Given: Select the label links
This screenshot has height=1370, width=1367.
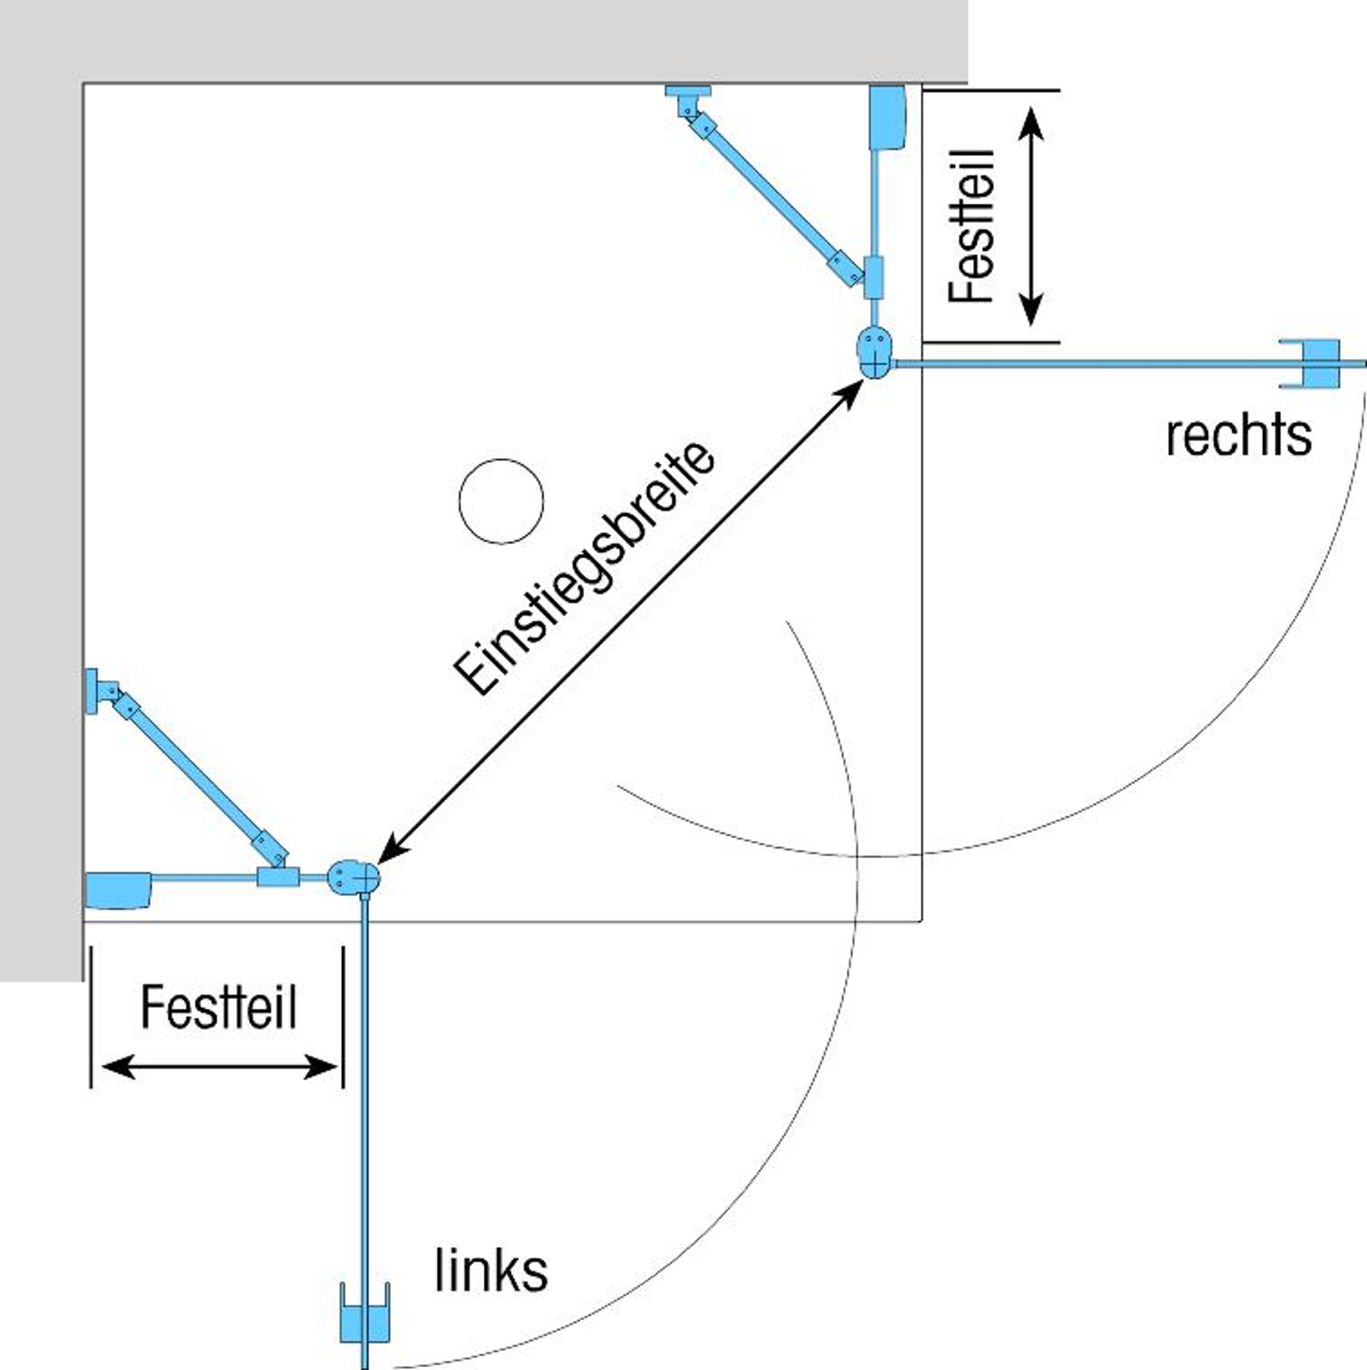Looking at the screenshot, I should click(x=491, y=1271).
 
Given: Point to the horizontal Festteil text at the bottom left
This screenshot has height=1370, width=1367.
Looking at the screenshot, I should click(x=218, y=1007).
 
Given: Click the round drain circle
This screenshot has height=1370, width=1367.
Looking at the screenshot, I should click(x=501, y=501).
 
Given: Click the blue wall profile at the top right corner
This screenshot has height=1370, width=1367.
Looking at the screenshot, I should click(x=887, y=117).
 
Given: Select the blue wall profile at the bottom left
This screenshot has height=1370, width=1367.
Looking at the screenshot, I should click(x=118, y=889).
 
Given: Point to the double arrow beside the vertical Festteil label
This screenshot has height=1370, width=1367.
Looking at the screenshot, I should click(x=1031, y=217).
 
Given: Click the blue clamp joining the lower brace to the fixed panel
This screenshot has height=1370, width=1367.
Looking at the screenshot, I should click(x=277, y=877).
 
